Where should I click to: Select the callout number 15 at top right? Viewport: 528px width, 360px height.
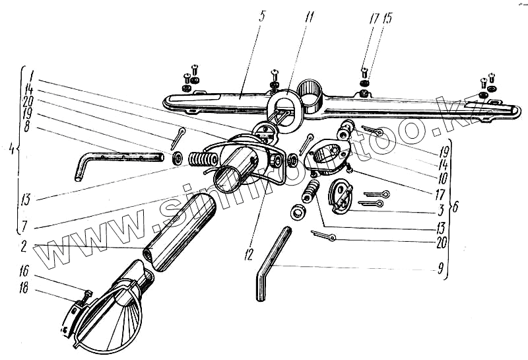(x=387, y=18)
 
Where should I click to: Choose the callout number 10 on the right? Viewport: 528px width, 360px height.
(x=440, y=178)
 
